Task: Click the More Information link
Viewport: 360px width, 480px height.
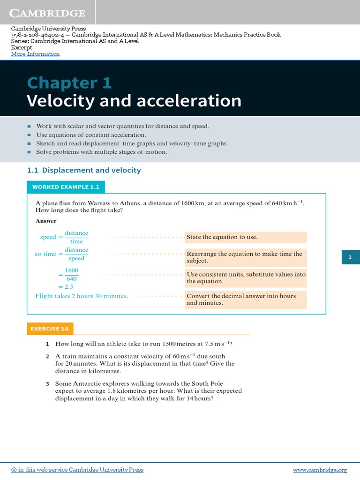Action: pyautogui.click(x=36, y=54)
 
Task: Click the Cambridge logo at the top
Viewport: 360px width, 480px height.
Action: pyautogui.click(x=48, y=13)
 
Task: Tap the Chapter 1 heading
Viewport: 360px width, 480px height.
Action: pyautogui.click(x=69, y=83)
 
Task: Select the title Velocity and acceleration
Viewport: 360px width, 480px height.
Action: pyautogui.click(x=134, y=101)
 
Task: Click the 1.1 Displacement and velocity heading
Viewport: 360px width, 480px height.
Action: pyautogui.click(x=84, y=170)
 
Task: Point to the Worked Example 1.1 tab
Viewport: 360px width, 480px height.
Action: pyautogui.click(x=66, y=187)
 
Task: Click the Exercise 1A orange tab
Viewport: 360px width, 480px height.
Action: pyautogui.click(x=50, y=329)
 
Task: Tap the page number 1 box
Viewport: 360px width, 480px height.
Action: pyautogui.click(x=350, y=257)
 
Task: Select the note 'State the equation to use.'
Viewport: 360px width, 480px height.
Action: pyautogui.click(x=222, y=237)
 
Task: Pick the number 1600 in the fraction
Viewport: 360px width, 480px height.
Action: pyautogui.click(x=72, y=270)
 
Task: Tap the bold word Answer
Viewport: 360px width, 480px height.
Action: pyautogui.click(x=46, y=221)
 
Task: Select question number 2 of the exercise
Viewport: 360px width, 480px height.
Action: pyautogui.click(x=47, y=357)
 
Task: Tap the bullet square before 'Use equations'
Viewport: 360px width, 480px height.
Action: pyautogui.click(x=29, y=135)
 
